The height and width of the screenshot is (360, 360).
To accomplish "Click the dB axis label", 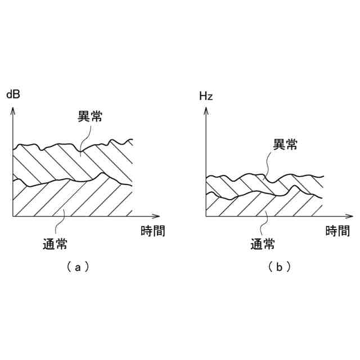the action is pos(13,94).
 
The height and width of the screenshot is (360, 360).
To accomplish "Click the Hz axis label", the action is pos(206,96).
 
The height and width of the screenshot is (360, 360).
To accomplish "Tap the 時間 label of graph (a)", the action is pos(152,231).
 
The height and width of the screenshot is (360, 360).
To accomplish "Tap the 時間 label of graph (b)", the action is pos(337,231).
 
